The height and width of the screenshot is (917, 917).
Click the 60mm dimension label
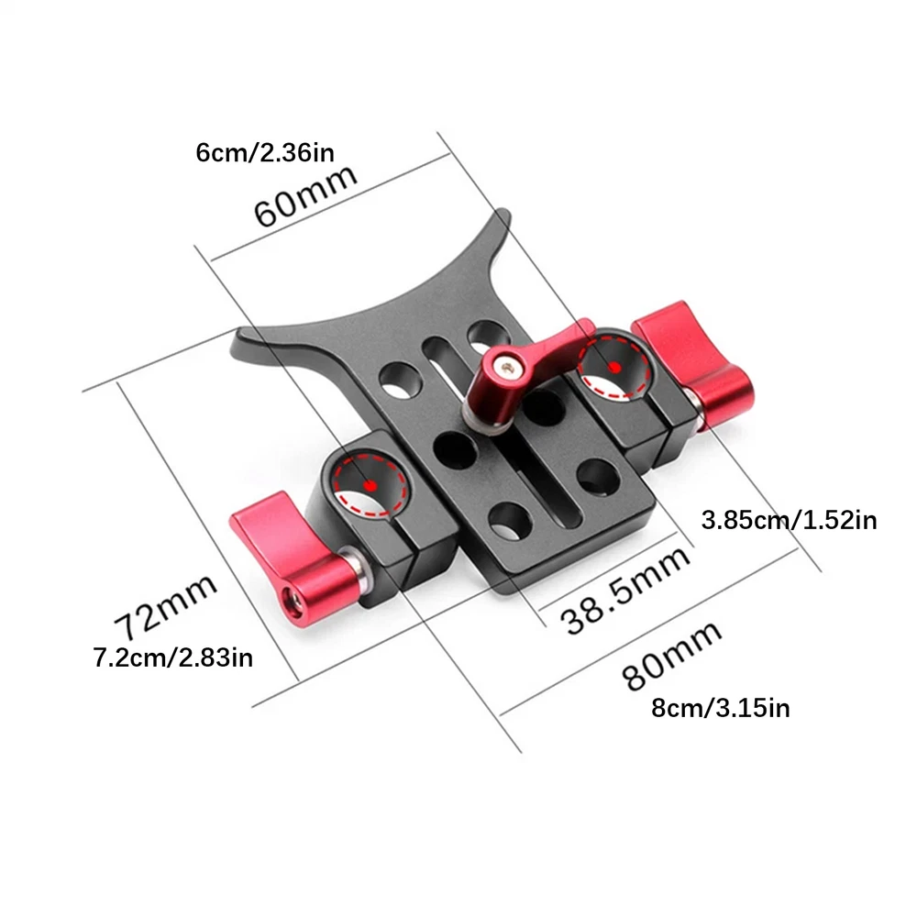pyautogui.click(x=305, y=195)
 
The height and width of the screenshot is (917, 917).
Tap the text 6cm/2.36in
pyautogui.click(x=265, y=152)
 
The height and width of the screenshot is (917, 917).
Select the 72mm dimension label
pyautogui.click(x=165, y=607)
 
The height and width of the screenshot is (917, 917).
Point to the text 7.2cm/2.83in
pyautogui.click(x=173, y=657)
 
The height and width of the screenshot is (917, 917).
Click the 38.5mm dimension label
pyautogui.click(x=625, y=590)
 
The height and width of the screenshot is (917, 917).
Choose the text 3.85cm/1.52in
pyautogui.click(x=789, y=520)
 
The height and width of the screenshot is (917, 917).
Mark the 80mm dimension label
pyautogui.click(x=671, y=655)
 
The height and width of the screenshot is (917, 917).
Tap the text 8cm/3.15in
pyautogui.click(x=721, y=708)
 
